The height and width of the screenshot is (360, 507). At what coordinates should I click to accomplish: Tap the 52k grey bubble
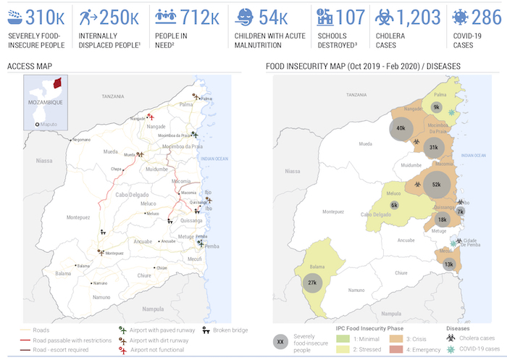(436, 185)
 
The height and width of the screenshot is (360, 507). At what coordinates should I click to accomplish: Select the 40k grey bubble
(401, 128)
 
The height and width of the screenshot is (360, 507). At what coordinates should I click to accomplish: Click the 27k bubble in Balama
(312, 282)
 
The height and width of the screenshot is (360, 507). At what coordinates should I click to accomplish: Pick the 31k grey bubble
(433, 147)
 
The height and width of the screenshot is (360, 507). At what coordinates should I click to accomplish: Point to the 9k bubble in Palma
(436, 106)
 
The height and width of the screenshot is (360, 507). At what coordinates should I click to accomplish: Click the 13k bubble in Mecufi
(448, 264)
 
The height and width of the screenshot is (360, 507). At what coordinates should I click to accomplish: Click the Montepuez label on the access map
(78, 217)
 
